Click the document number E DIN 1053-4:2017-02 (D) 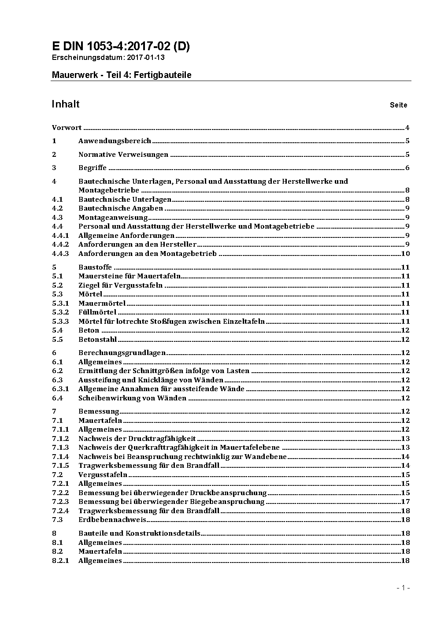click(x=121, y=47)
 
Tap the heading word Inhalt click(x=66, y=104)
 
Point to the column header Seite click(x=399, y=105)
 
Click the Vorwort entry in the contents click(x=67, y=128)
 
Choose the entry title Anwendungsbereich click(x=115, y=141)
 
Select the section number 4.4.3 click(x=60, y=254)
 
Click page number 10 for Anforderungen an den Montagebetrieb click(x=405, y=254)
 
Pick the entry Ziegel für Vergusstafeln click(x=120, y=285)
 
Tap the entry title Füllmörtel click(x=97, y=312)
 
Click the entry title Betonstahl click(x=98, y=340)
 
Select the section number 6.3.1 click(x=60, y=389)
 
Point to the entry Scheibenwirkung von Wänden click(x=132, y=398)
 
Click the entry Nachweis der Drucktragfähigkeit click(x=137, y=439)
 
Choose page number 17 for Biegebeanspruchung click(x=405, y=502)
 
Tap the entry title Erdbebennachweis click(x=112, y=520)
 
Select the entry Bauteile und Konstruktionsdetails click(x=139, y=533)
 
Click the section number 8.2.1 click(x=60, y=561)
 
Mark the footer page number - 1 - click(x=403, y=588)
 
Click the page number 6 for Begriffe click(x=407, y=168)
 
